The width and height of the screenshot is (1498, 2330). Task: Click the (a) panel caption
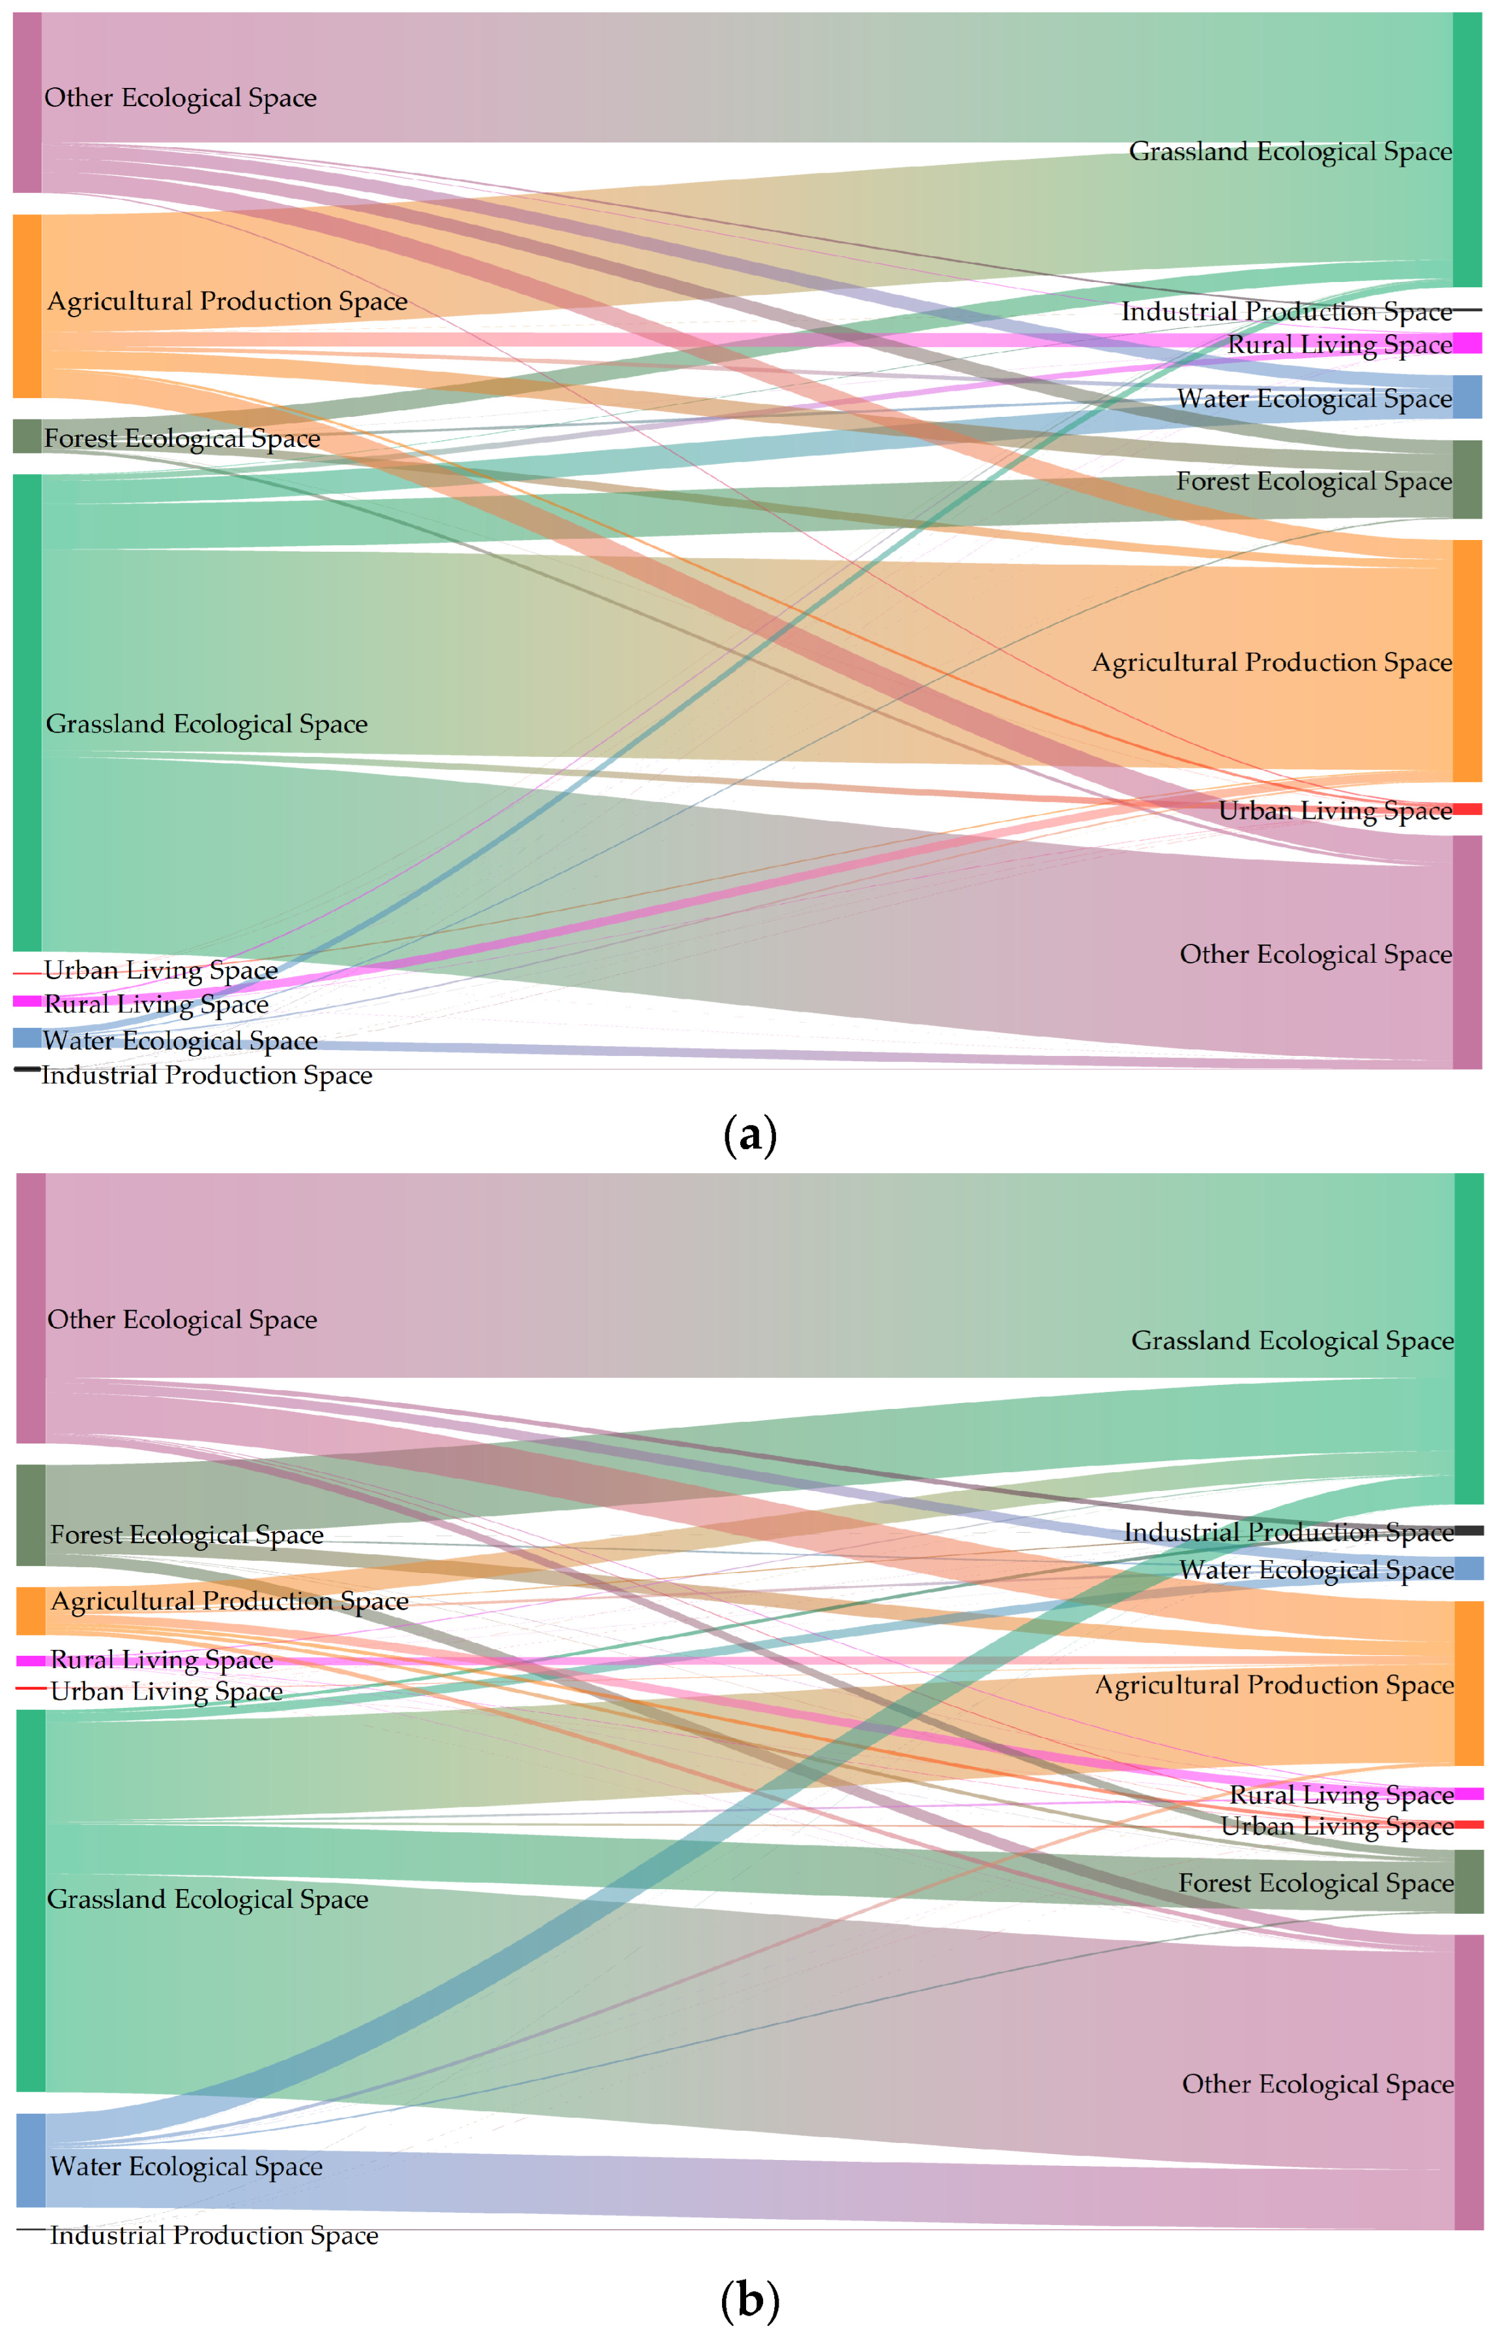click(750, 1135)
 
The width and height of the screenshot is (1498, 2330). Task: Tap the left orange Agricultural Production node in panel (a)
click(27, 306)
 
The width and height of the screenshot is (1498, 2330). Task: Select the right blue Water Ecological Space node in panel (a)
click(1467, 397)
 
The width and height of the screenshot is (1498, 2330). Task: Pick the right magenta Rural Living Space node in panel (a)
click(1467, 343)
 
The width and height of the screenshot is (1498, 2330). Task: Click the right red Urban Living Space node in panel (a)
click(1467, 809)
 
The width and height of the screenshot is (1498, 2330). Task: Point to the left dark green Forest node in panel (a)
click(27, 436)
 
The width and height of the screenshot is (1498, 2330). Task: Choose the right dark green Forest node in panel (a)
click(1467, 479)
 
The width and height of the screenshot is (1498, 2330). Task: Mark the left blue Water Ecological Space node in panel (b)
click(31, 2160)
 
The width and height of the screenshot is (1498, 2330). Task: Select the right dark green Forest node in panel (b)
click(1469, 1882)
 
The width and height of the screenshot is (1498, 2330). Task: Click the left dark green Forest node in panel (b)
click(31, 1515)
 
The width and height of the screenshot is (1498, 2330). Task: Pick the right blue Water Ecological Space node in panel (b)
click(1469, 1569)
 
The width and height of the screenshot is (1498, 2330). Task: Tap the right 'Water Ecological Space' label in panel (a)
click(1314, 398)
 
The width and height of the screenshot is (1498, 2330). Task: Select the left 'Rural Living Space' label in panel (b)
click(162, 1659)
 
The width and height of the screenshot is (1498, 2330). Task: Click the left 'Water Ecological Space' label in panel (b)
click(186, 2166)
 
